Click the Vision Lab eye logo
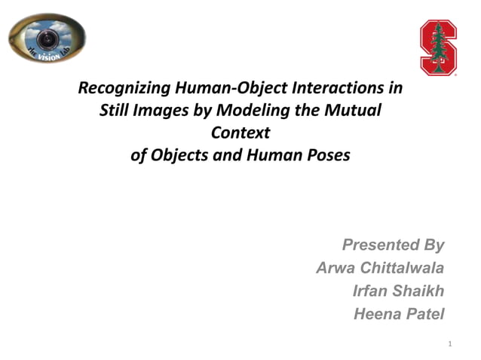tap(47, 38)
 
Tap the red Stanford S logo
tap(438, 47)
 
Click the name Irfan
tap(370, 291)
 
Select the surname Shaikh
tap(419, 291)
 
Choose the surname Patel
tap(424, 314)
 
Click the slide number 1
tap(449, 344)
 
